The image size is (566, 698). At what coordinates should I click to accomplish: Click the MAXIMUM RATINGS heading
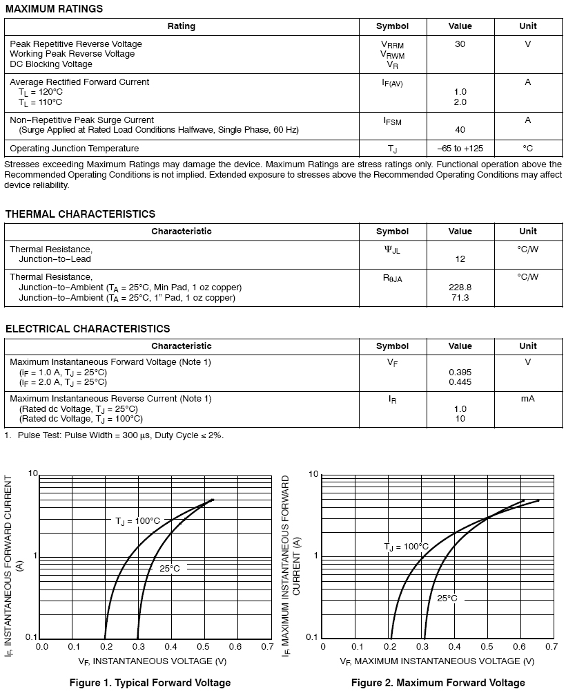(x=54, y=9)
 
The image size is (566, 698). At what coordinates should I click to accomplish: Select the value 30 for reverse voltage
(x=460, y=44)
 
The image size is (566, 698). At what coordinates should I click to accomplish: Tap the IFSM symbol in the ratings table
(x=392, y=121)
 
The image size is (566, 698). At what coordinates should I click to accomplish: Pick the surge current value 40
(x=460, y=130)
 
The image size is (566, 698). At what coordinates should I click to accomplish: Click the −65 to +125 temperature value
(x=460, y=149)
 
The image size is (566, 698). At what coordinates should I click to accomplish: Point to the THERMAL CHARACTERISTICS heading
(x=80, y=214)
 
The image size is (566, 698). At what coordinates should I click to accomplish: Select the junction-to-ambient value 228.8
(x=460, y=287)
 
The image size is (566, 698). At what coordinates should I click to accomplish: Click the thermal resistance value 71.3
(x=460, y=298)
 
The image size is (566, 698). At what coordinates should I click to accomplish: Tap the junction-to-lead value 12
(x=460, y=259)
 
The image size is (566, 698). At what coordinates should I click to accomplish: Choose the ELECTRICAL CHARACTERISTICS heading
(x=88, y=329)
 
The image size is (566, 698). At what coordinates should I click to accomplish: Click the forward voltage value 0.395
(x=460, y=372)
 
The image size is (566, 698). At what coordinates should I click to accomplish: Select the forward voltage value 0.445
(x=460, y=382)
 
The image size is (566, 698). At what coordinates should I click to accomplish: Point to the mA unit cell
(x=528, y=399)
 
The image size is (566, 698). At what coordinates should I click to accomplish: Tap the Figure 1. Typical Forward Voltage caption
(x=150, y=683)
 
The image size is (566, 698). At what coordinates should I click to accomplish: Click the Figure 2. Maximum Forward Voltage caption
(x=438, y=683)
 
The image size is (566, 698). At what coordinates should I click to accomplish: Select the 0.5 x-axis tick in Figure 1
(x=203, y=648)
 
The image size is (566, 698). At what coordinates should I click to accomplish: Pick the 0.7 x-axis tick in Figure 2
(x=551, y=648)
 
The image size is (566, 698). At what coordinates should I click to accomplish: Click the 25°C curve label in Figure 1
(x=170, y=569)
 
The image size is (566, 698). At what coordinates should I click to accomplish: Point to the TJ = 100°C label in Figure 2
(x=406, y=547)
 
